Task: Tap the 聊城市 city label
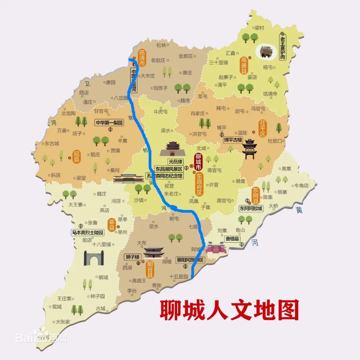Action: point(199,161)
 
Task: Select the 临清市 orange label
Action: point(142,57)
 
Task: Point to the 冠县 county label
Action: point(77,156)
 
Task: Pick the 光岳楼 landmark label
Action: point(176,162)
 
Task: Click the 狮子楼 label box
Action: point(133,257)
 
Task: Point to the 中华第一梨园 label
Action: point(109,123)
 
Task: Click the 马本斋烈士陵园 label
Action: point(88,232)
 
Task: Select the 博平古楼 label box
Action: point(233,140)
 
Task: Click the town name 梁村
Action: point(259,28)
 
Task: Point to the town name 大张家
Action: point(63,322)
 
